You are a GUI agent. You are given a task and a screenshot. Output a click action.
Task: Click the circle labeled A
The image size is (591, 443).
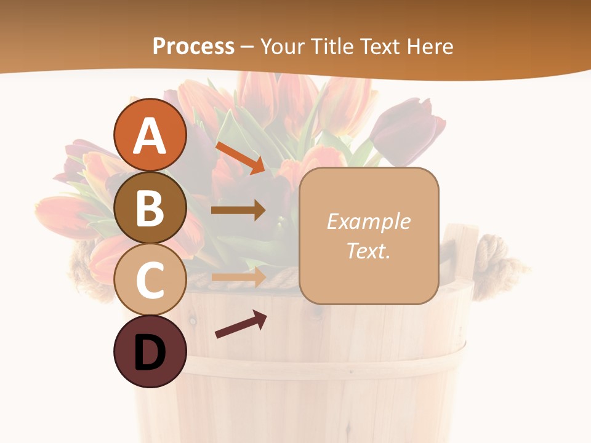tap(150, 135)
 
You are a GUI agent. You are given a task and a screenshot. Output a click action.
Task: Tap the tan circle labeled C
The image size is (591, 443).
tap(150, 279)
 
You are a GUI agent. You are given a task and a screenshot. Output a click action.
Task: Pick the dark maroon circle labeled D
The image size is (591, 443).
tap(150, 352)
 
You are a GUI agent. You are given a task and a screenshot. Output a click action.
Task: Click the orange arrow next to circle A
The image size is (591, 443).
tap(240, 158)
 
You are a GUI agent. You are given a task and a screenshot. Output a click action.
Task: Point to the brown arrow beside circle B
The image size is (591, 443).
tap(239, 210)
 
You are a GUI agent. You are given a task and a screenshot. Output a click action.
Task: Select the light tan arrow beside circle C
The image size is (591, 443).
tap(239, 277)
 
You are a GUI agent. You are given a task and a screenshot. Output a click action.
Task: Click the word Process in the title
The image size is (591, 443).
tap(193, 46)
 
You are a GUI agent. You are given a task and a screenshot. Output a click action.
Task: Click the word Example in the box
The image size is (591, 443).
tap(368, 221)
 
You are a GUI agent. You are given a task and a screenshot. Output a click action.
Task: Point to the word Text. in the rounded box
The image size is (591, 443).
tap(368, 250)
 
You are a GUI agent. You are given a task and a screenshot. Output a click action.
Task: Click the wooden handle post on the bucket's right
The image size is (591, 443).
tap(463, 252)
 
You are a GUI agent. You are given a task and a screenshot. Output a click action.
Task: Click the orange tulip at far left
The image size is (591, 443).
tap(62, 215)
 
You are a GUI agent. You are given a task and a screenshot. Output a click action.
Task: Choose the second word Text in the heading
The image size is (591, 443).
tap(380, 46)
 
